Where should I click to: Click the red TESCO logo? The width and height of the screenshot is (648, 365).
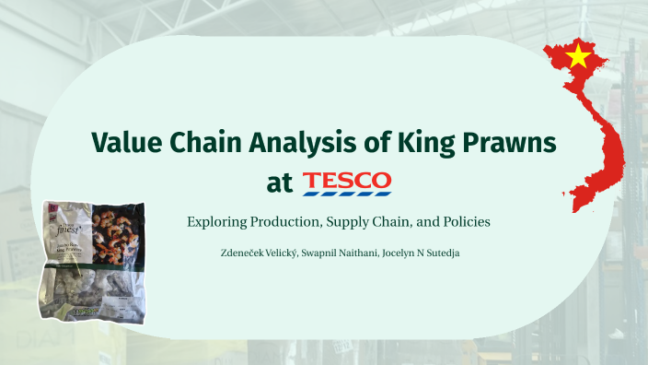[x=347, y=179]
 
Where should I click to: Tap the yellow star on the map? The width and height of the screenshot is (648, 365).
[x=578, y=57]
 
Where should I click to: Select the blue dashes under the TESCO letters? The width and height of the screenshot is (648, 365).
[x=347, y=193]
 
